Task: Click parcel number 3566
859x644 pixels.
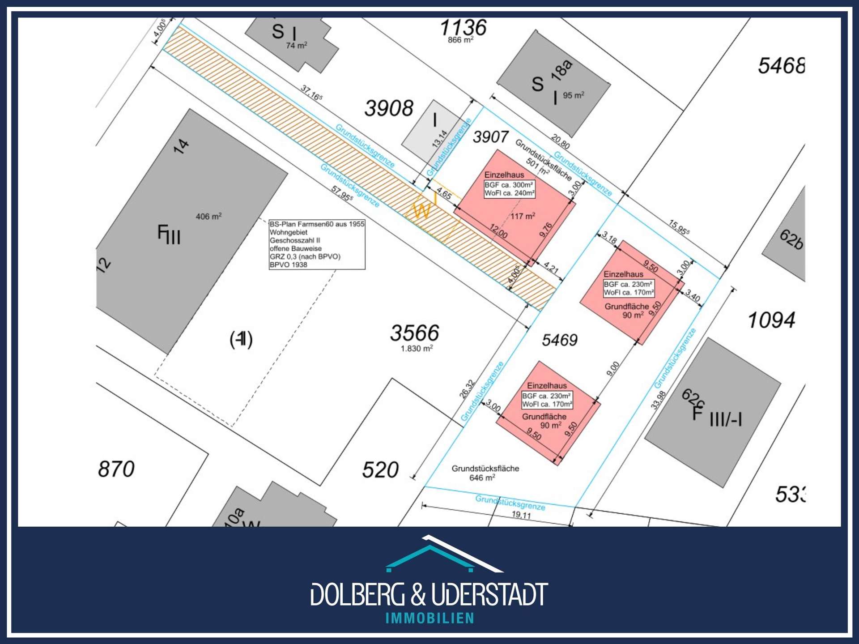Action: tap(415, 333)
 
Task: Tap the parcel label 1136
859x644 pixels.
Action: tap(463, 28)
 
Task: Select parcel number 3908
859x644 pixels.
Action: tap(389, 109)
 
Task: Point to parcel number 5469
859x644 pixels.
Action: tap(560, 340)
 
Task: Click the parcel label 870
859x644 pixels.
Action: tap(116, 469)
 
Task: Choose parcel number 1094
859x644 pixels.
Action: tap(771, 320)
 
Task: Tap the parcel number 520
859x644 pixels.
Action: tap(380, 470)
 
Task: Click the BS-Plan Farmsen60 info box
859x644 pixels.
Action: tap(317, 244)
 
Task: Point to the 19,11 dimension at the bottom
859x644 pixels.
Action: tap(521, 515)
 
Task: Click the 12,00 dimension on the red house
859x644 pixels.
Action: tap(498, 231)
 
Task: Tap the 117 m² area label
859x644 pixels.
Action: tap(523, 216)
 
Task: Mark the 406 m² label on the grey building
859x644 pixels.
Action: tap(208, 217)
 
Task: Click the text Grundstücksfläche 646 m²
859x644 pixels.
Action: tap(485, 473)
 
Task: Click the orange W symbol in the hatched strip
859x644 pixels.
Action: tap(421, 210)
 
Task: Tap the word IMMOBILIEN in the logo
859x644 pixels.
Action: tap(429, 618)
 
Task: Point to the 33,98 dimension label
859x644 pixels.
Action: tap(658, 400)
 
